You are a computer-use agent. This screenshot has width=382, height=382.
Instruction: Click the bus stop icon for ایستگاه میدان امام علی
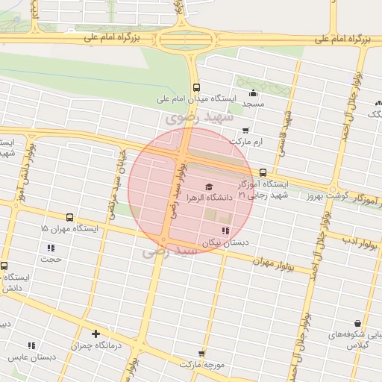pyautogui.click(x=195, y=87)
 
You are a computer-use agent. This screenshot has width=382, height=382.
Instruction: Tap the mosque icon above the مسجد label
pyautogui.click(x=253, y=93)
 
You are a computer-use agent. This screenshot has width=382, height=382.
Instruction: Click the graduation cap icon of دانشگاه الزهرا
pyautogui.click(x=208, y=187)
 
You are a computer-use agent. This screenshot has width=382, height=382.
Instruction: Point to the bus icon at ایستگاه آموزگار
pyautogui.click(x=262, y=173)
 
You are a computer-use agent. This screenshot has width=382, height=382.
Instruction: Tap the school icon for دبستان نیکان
pyautogui.click(x=226, y=231)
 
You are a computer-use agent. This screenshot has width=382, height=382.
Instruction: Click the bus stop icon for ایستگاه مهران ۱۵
pyautogui.click(x=69, y=217)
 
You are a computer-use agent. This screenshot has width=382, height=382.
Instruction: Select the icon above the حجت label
pyautogui.click(x=51, y=248)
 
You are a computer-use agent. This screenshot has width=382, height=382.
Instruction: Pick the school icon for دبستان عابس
pyautogui.click(x=31, y=345)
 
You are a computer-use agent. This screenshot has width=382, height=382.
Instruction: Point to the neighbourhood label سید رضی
pyautogui.click(x=172, y=253)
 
